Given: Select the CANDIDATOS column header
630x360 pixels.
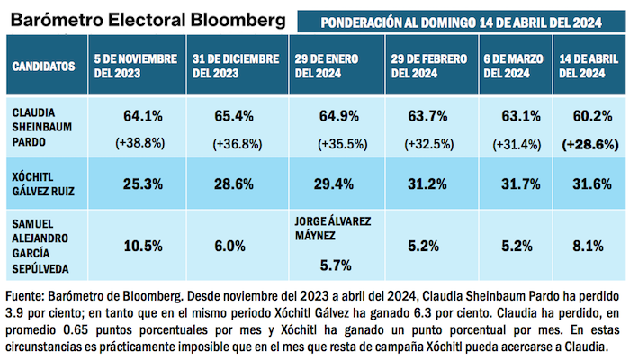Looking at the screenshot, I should point(42,67).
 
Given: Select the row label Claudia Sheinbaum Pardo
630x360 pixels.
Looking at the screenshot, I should point(40,123).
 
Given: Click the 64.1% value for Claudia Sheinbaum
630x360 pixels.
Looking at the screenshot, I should point(142,116).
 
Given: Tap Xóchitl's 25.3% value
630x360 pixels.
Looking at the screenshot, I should point(142,184).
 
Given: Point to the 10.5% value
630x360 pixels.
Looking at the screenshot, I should point(142,243).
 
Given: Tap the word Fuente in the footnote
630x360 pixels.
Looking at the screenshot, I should point(25,295).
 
